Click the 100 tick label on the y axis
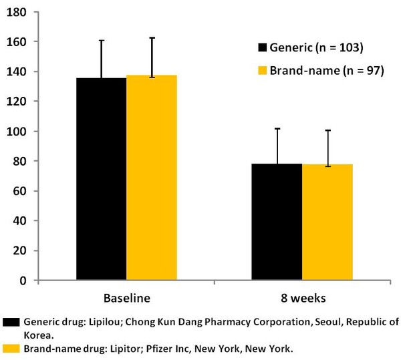pyautogui.click(x=16, y=132)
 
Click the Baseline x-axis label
pyautogui.click(x=126, y=297)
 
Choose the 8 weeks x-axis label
pyautogui.click(x=301, y=297)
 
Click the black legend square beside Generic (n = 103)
pyautogui.click(x=262, y=48)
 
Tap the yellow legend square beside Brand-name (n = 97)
pyautogui.click(x=262, y=70)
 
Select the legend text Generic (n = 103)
pyautogui.click(x=325, y=48)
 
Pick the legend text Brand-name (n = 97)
pyautogui.click(x=326, y=70)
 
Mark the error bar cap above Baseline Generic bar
pyautogui.click(x=102, y=40)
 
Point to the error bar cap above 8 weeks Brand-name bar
pyautogui.click(x=327, y=130)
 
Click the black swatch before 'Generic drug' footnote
pyautogui.click(x=10, y=321)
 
